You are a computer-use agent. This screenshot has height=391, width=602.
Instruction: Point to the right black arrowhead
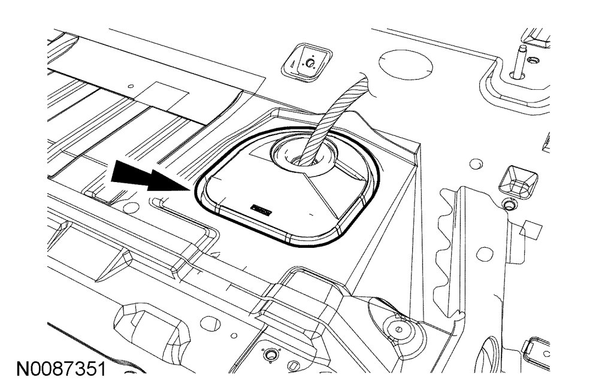(x=165, y=179)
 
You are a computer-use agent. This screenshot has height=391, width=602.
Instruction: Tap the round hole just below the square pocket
(x=509, y=205)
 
